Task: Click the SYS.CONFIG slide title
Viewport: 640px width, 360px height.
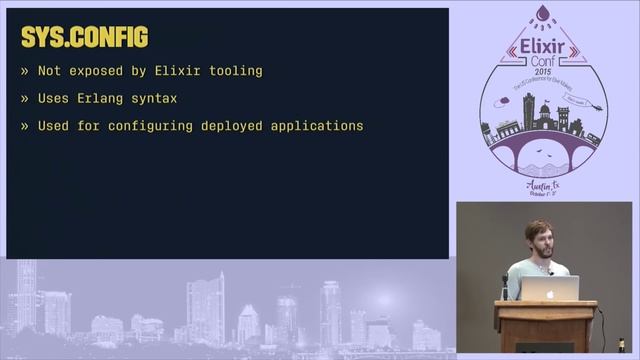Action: pyautogui.click(x=84, y=38)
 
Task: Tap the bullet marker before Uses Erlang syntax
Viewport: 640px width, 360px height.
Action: pyautogui.click(x=24, y=99)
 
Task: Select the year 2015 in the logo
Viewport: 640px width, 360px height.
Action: pyautogui.click(x=543, y=72)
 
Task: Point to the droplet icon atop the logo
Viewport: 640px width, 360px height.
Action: pyautogui.click(x=542, y=13)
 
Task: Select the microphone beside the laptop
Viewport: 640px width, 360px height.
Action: pyautogui.click(x=505, y=285)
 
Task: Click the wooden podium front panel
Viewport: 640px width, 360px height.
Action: pyautogui.click(x=545, y=330)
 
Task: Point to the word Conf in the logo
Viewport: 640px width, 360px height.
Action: pyautogui.click(x=543, y=61)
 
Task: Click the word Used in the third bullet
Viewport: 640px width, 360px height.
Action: pyautogui.click(x=54, y=127)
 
